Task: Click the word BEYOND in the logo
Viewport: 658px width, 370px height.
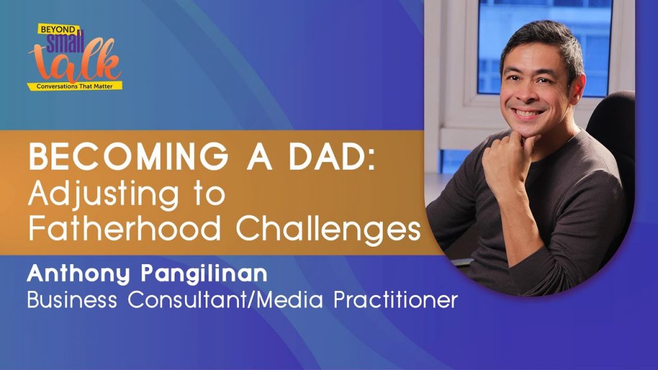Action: click(x=58, y=30)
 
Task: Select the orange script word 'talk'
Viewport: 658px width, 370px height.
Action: click(x=75, y=62)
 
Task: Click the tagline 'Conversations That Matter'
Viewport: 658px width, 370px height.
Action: click(x=75, y=87)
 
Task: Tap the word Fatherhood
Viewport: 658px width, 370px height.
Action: click(x=125, y=229)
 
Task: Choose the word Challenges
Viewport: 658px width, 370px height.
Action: click(x=328, y=230)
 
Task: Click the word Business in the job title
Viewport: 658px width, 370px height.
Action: click(x=72, y=299)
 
